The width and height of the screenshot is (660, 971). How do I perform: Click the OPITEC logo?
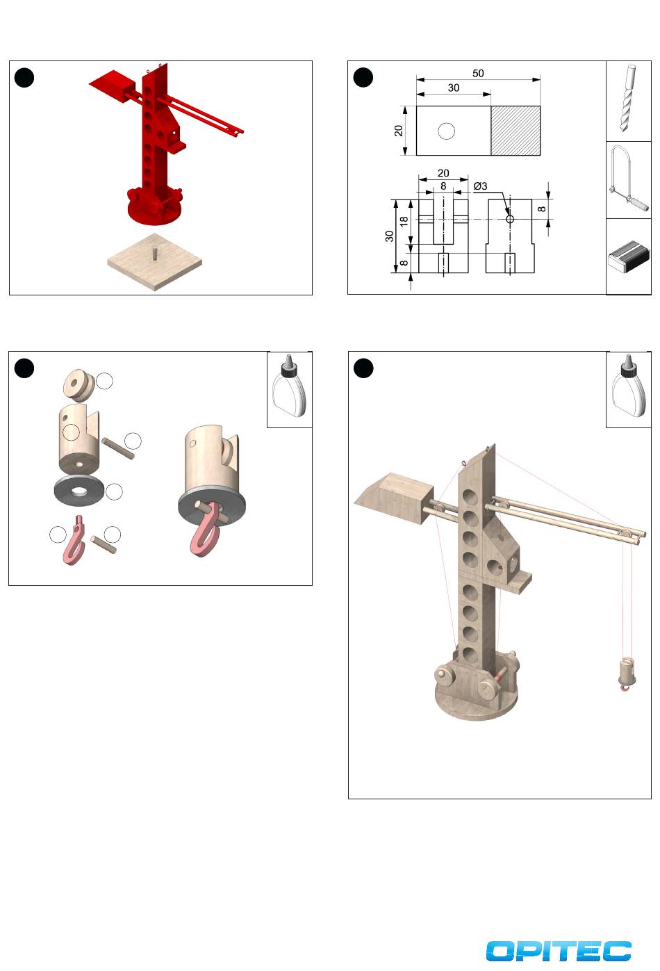coord(558,951)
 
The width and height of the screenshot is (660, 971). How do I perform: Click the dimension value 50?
coord(478,73)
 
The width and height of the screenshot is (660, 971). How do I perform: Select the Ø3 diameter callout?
coord(480,186)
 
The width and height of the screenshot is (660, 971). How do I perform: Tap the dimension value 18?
coord(404,222)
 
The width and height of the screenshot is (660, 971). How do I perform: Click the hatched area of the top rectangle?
coord(515,131)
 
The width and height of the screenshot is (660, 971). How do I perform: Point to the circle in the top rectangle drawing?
coord(446,131)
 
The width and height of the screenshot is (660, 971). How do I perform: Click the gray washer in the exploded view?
coord(76,490)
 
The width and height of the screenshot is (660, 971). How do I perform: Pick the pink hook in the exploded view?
coord(74,540)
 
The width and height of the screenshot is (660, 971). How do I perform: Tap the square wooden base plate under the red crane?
coord(155,262)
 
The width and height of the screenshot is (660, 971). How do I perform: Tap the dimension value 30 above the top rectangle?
coord(453,88)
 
